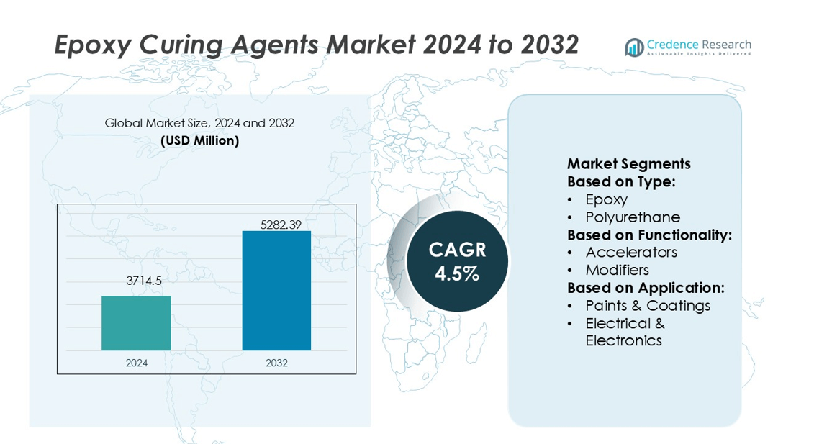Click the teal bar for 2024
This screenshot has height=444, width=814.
point(136,322)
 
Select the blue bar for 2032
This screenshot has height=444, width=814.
point(276,290)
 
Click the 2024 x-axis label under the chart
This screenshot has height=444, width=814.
point(136,363)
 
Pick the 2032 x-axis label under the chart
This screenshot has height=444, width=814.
point(276,363)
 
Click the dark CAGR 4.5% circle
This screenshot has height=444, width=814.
point(457,260)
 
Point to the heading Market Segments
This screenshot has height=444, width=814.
point(628,163)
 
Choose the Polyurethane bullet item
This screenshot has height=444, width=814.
point(632,217)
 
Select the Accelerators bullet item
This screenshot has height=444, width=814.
point(630,252)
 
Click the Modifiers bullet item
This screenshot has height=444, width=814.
point(617,270)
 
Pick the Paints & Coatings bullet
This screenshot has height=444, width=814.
point(647,305)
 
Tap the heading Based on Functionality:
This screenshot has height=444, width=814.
point(649,235)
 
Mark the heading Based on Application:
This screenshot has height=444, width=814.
point(646,288)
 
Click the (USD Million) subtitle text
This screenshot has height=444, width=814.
point(199,140)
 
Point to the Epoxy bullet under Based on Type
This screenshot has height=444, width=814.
point(606,199)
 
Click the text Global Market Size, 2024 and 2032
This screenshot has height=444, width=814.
point(199,123)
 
